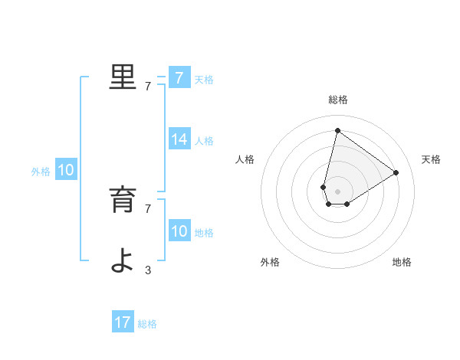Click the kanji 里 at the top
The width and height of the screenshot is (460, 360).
pyautogui.click(x=123, y=77)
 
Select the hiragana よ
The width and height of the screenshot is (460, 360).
pyautogui.click(x=123, y=260)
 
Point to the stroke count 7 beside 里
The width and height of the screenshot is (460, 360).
pyautogui.click(x=148, y=87)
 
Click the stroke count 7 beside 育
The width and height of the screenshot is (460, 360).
pyautogui.click(x=148, y=208)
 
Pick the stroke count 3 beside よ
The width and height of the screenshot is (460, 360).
pyautogui.click(x=148, y=270)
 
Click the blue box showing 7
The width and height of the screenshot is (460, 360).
pyautogui.click(x=179, y=78)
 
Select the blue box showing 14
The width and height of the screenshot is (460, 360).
pyautogui.click(x=179, y=139)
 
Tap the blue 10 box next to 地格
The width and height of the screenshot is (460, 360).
pyautogui.click(x=179, y=231)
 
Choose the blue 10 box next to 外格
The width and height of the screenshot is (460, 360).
pyautogui.click(x=66, y=171)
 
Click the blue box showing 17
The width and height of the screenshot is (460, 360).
pyautogui.click(x=123, y=322)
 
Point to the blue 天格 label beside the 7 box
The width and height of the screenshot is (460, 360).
pyautogui.click(x=204, y=80)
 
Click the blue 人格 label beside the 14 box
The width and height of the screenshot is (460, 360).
pyautogui.click(x=204, y=141)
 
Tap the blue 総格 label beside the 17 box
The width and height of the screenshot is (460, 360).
pyautogui.click(x=147, y=324)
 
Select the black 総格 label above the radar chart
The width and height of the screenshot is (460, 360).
pyautogui.click(x=338, y=100)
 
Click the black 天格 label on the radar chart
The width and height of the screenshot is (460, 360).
pyautogui.click(x=432, y=159)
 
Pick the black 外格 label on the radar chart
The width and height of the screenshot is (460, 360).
pyautogui.click(x=270, y=262)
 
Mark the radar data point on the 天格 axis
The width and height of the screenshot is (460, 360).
pyautogui.click(x=396, y=172)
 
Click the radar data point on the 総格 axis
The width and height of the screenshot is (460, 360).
pyautogui.click(x=337, y=130)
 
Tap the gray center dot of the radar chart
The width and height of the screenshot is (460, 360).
pyautogui.click(x=337, y=191)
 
